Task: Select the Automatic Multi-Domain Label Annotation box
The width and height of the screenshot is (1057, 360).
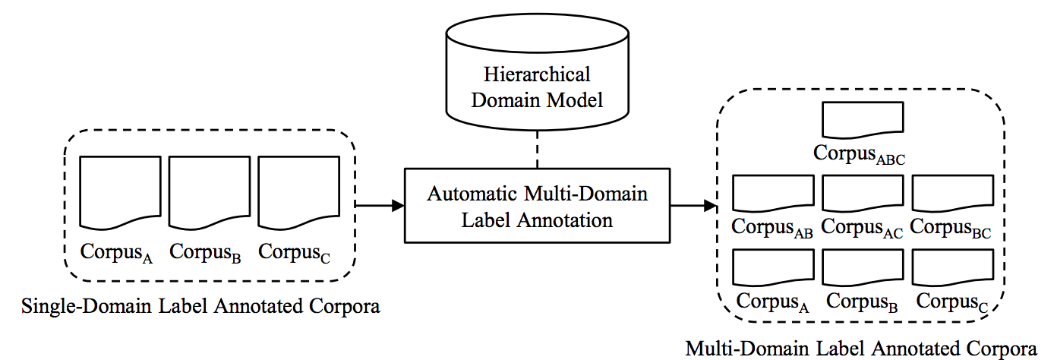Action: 537,206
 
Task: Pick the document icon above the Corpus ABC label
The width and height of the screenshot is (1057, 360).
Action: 862,120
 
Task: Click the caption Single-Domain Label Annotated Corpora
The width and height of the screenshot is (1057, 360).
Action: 200,308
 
